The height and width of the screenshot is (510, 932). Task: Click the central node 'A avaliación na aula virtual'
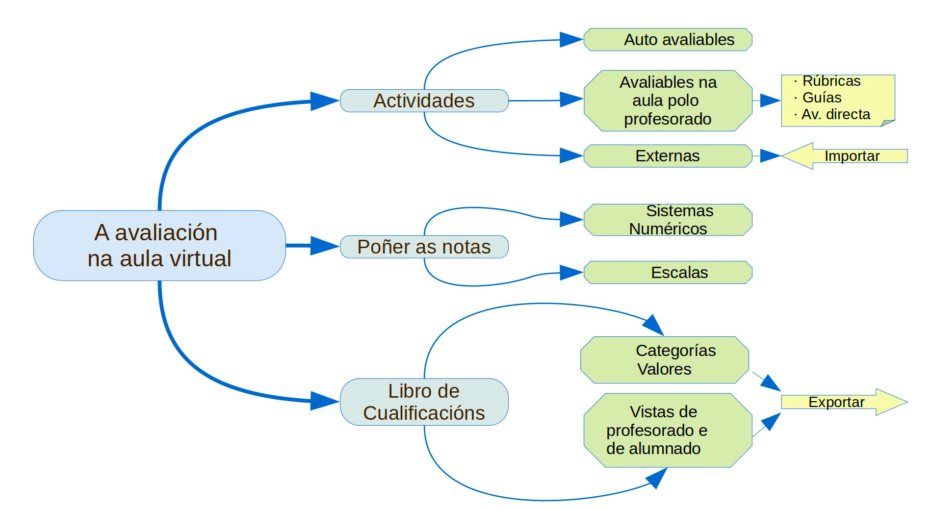(x=159, y=245)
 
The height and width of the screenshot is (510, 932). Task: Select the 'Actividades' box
(x=424, y=101)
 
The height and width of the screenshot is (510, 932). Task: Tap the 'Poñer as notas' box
(x=424, y=247)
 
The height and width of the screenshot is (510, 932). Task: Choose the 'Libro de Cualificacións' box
(x=424, y=402)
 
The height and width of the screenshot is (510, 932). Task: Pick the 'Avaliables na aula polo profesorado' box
(x=668, y=101)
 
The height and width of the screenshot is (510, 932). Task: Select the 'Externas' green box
(x=668, y=156)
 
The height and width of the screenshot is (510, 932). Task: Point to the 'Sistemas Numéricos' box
(x=668, y=220)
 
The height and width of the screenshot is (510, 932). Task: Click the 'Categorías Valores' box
(x=665, y=359)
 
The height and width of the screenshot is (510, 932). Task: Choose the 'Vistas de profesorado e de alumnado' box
(x=668, y=430)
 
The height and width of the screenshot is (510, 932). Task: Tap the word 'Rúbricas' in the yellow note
(x=831, y=81)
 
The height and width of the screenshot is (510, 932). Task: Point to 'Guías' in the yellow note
(x=822, y=98)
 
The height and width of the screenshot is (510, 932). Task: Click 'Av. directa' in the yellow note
(x=835, y=114)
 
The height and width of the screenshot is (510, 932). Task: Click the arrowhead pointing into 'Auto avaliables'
(x=571, y=39)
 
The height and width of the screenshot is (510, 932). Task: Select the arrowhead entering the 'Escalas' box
(x=571, y=272)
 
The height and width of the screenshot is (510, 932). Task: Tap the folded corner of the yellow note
(x=888, y=123)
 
